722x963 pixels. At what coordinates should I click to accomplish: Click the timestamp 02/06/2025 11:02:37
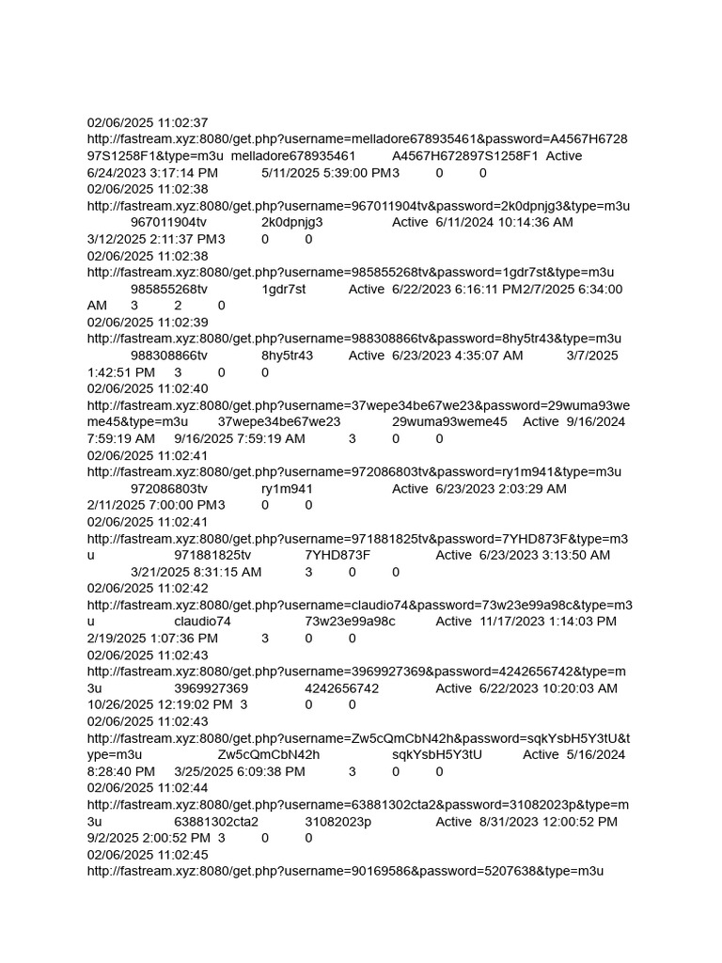(x=148, y=123)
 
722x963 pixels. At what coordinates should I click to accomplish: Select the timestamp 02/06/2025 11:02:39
(x=148, y=323)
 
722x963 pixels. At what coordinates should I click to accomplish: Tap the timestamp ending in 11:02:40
(x=148, y=388)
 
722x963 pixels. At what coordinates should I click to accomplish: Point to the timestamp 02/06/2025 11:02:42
(x=148, y=588)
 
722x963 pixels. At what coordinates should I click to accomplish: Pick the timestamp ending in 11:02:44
(x=148, y=787)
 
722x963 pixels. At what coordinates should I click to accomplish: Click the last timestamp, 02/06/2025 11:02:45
(x=148, y=855)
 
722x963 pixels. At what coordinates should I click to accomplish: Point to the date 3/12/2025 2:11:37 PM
(x=151, y=240)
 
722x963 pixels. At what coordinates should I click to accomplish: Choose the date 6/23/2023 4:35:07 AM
(x=457, y=355)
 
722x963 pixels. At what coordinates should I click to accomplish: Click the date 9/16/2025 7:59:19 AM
(x=240, y=439)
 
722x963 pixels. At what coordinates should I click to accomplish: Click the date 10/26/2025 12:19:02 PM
(x=160, y=704)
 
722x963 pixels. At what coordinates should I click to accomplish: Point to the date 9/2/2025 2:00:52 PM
(x=149, y=838)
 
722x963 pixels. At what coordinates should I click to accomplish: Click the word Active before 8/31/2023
(x=454, y=822)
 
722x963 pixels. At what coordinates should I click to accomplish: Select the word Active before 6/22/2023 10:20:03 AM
(x=454, y=688)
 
